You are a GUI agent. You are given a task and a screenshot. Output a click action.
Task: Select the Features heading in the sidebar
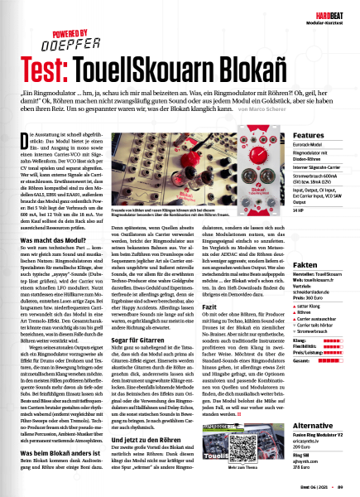click(x=309, y=135)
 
